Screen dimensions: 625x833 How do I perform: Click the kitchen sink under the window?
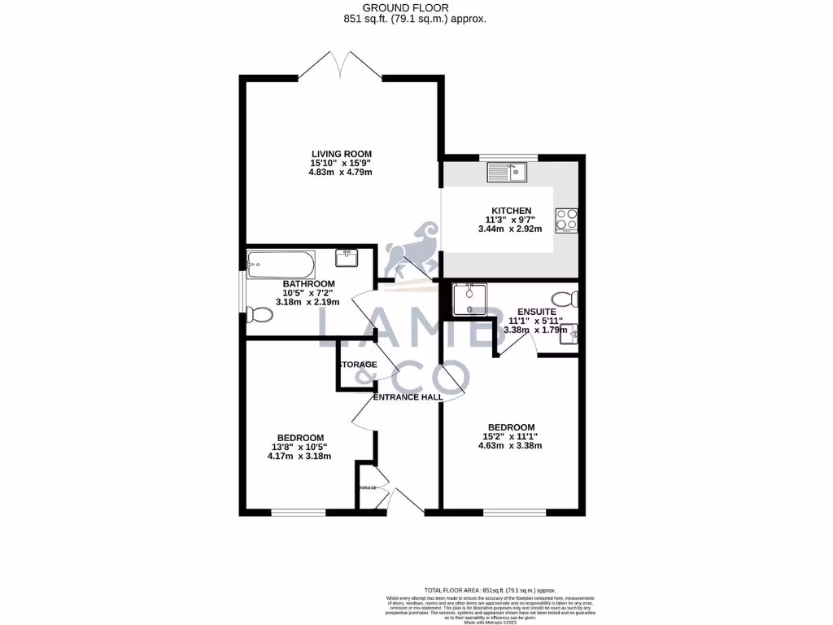(507, 172)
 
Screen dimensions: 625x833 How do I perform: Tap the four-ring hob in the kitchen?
(565, 219)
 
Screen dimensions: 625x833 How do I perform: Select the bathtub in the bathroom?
(278, 262)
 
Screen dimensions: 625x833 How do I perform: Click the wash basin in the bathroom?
(348, 258)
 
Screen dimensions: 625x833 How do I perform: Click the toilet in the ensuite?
(562, 299)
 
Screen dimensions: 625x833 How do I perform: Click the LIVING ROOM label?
(341, 154)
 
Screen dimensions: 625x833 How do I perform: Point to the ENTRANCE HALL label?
(408, 397)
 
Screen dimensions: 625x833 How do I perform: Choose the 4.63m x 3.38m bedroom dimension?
(511, 445)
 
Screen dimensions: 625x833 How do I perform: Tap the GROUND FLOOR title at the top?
(416, 7)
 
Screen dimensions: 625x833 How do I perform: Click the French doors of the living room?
(342, 65)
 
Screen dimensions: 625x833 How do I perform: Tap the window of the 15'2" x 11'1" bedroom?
(511, 512)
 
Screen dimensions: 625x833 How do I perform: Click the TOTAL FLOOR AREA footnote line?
(490, 589)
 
